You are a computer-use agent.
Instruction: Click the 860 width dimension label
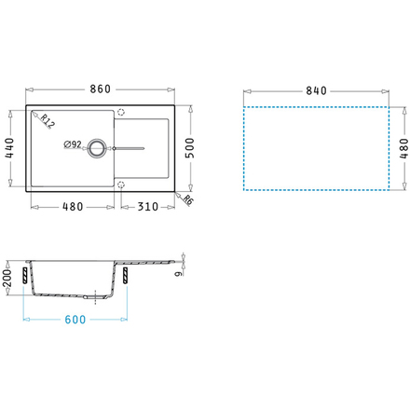(x=100, y=89)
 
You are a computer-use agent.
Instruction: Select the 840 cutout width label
(x=316, y=90)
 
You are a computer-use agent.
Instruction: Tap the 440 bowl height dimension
(x=9, y=148)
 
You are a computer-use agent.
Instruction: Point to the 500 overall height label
(x=190, y=148)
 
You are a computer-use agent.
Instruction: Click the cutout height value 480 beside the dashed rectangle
(x=403, y=148)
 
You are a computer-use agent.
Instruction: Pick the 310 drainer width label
(x=148, y=207)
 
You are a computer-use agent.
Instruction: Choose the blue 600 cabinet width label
(x=75, y=320)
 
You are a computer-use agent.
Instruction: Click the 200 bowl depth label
(x=7, y=278)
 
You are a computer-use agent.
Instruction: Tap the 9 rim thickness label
(x=178, y=274)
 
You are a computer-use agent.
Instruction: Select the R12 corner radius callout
(x=48, y=121)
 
